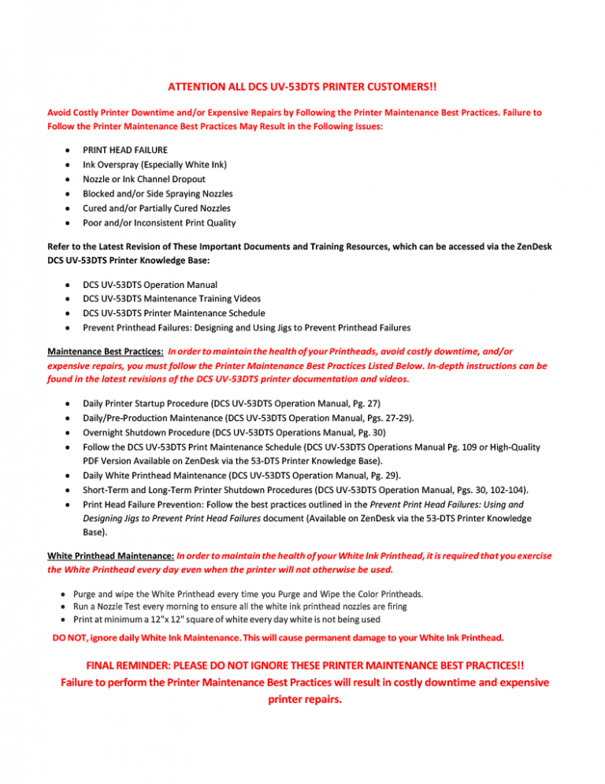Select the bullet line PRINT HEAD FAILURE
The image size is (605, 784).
pyautogui.click(x=124, y=149)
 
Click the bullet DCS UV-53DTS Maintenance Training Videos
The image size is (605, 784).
pyautogui.click(x=172, y=298)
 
